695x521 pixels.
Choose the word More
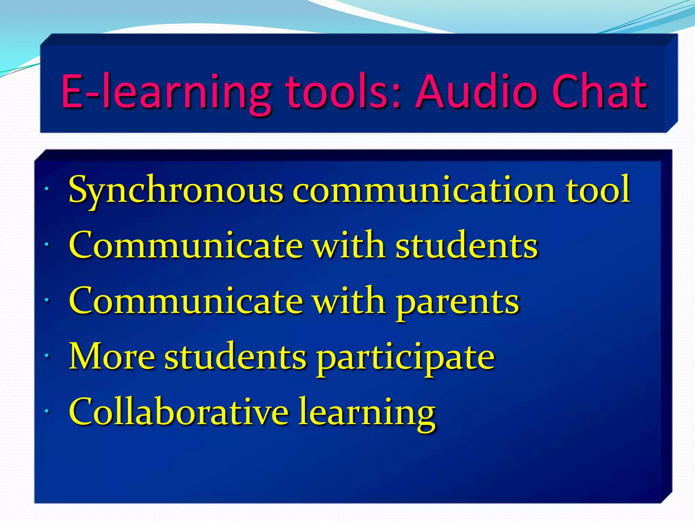(x=112, y=357)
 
